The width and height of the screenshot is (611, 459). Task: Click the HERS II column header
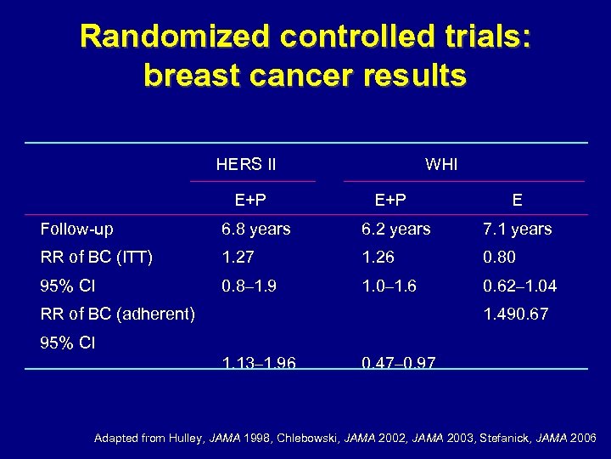pyautogui.click(x=246, y=164)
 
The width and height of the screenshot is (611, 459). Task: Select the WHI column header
pyautogui.click(x=441, y=164)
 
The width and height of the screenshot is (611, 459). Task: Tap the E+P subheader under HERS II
pyautogui.click(x=250, y=201)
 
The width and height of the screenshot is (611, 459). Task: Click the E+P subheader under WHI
pyautogui.click(x=390, y=201)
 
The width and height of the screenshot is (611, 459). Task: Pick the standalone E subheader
pyautogui.click(x=517, y=201)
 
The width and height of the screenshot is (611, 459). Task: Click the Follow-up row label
pyautogui.click(x=77, y=229)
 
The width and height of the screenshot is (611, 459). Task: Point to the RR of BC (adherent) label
pyautogui.click(x=118, y=314)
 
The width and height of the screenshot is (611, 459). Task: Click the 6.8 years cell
pyautogui.click(x=256, y=229)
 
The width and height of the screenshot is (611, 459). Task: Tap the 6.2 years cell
pyautogui.click(x=396, y=229)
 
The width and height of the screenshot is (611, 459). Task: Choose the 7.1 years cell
pyautogui.click(x=517, y=229)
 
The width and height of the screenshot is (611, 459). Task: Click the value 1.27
pyautogui.click(x=238, y=258)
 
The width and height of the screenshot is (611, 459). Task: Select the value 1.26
pyautogui.click(x=378, y=258)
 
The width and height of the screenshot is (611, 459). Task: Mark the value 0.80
pyautogui.click(x=499, y=258)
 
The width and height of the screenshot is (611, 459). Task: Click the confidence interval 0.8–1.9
pyautogui.click(x=250, y=286)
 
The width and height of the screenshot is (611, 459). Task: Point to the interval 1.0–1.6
pyautogui.click(x=390, y=286)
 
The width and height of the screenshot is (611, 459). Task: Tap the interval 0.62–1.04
pyautogui.click(x=520, y=286)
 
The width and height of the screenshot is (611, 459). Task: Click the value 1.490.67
pyautogui.click(x=516, y=314)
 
